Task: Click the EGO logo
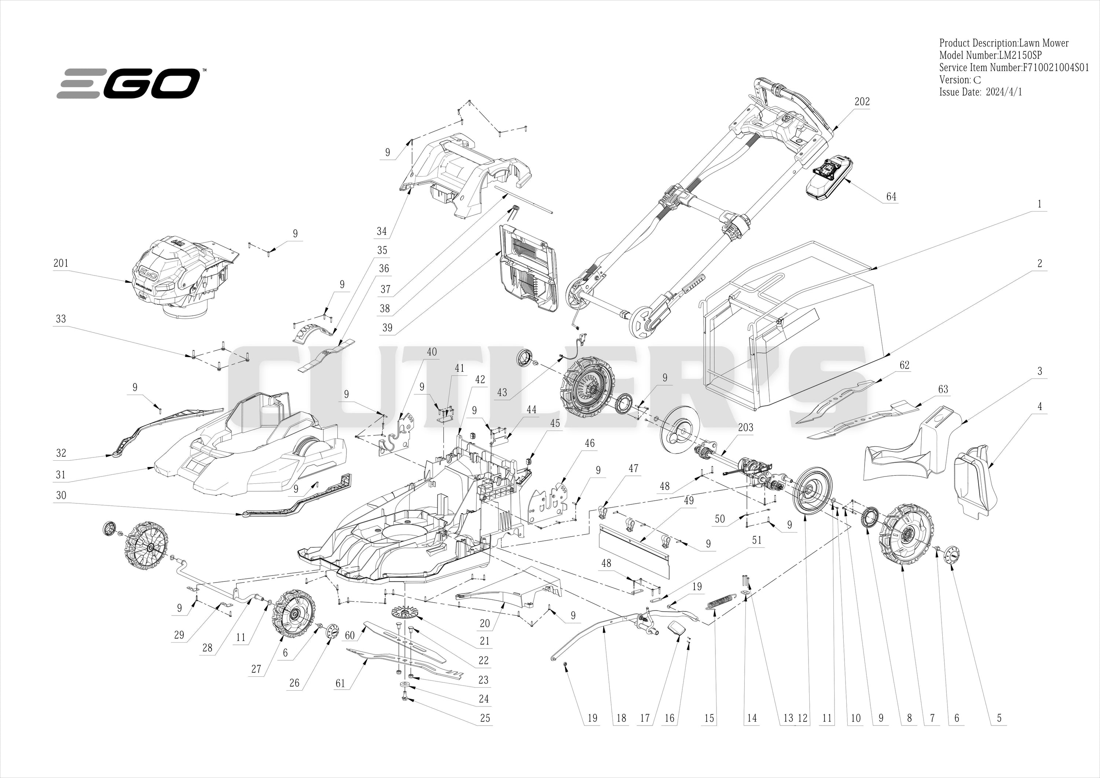(129, 83)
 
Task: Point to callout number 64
(891, 197)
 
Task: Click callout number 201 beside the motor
(61, 263)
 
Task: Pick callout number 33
(61, 319)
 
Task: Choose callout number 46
(590, 443)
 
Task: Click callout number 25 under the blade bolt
(485, 718)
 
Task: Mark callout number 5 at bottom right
(999, 718)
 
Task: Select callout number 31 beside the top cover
(60, 475)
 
